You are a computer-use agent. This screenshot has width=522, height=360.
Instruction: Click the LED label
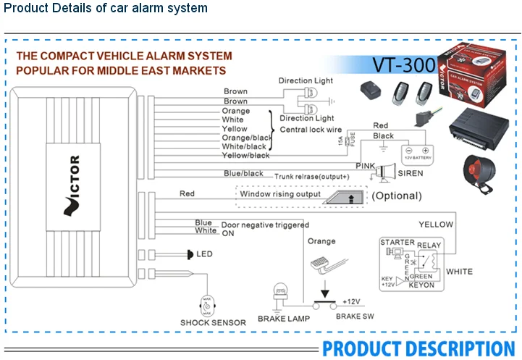205,254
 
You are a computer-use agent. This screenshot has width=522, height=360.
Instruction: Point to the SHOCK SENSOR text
213,322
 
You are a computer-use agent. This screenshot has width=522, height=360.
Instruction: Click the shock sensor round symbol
207,304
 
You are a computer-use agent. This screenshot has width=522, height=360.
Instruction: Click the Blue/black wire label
243,174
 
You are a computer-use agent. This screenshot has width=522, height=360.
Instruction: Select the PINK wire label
366,167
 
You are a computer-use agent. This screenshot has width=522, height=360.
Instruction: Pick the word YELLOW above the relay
436,225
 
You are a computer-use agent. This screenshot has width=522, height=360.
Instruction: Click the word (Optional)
396,196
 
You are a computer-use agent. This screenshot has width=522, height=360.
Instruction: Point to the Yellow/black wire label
245,155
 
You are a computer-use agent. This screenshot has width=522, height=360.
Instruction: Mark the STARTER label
397,243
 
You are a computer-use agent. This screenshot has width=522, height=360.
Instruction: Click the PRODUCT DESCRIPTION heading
418,348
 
